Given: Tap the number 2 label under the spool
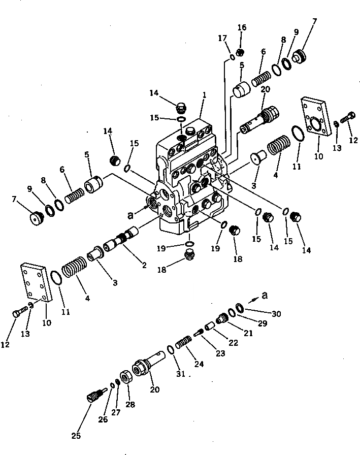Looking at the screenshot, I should point(144,265).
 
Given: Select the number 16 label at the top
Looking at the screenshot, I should point(242,27).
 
